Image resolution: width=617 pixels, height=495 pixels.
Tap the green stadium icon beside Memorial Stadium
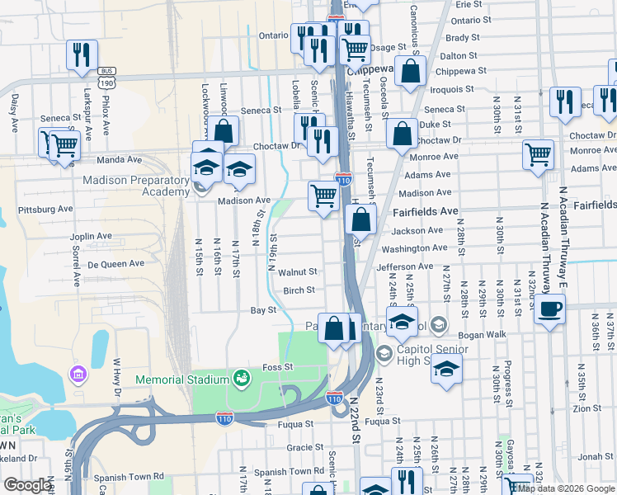click(242, 379)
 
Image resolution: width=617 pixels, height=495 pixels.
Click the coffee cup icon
click(550, 310)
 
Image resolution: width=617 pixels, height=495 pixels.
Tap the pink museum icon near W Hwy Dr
click(78, 375)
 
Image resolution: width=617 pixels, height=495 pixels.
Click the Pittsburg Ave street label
click(46, 210)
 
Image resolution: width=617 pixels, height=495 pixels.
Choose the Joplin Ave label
click(91, 236)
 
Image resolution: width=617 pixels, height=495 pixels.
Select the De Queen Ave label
click(115, 264)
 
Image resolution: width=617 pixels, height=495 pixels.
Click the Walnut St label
click(298, 271)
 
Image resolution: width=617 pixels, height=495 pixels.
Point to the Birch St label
click(299, 290)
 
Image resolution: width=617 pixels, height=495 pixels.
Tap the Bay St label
click(262, 310)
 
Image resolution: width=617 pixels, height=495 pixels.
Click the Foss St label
click(277, 366)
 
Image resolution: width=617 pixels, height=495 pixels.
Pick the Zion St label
click(586, 408)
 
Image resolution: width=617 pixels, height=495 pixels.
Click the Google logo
click(27, 485)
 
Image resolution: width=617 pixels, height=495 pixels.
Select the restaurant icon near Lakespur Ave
click(82, 55)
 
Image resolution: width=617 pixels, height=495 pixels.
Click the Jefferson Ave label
click(405, 266)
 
